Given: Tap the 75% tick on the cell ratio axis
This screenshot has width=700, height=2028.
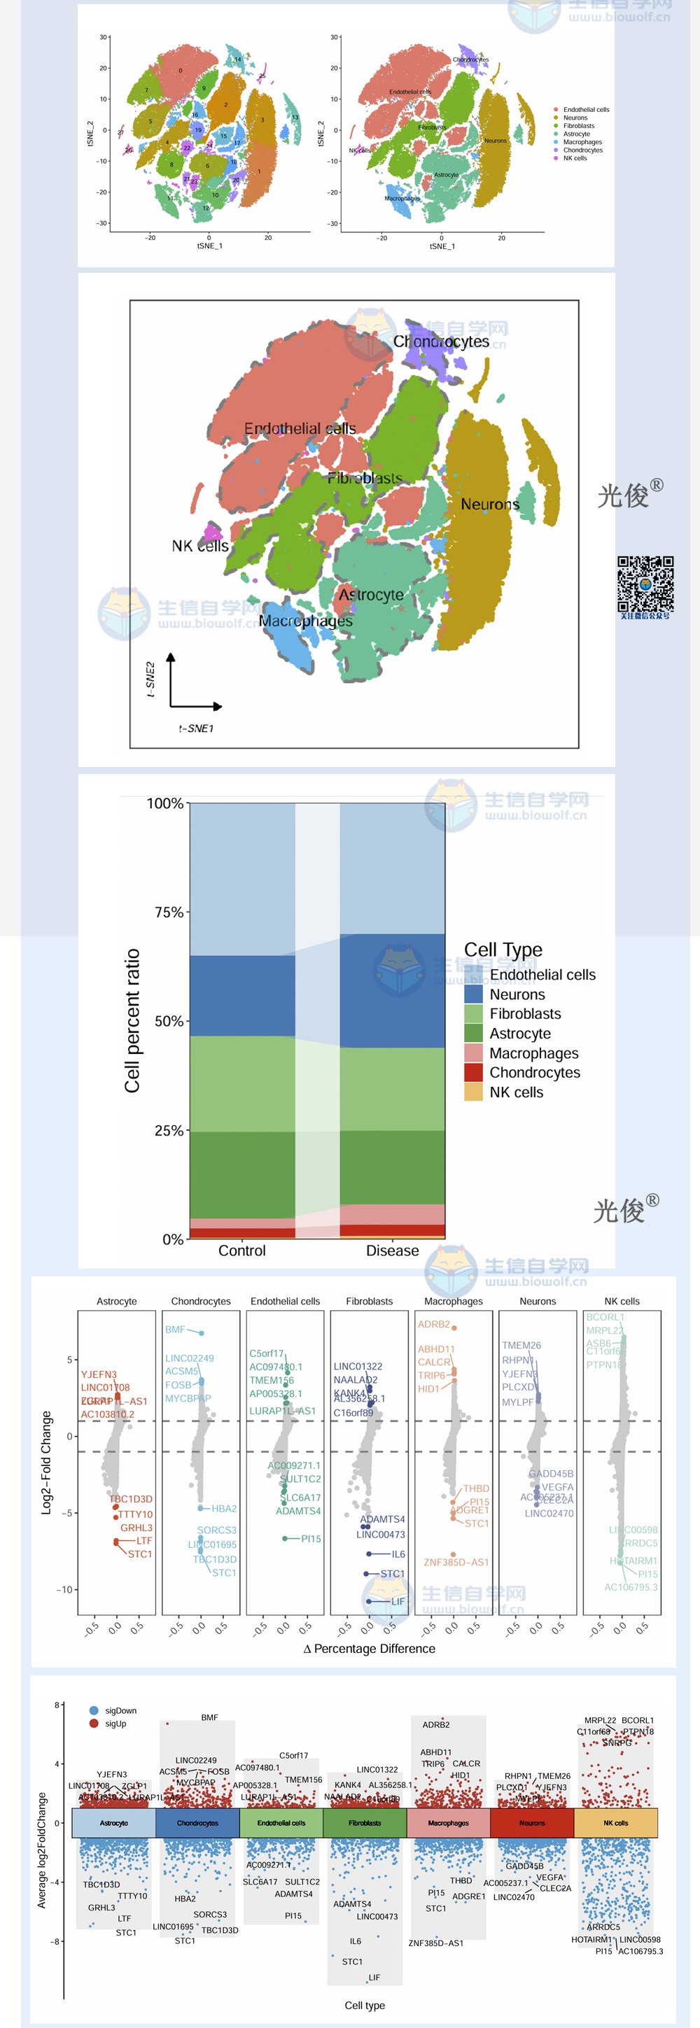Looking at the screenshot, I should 169,913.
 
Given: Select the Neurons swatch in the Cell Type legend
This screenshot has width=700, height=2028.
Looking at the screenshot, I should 473,994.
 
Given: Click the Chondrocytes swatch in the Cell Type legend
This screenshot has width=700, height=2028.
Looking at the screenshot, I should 473,1072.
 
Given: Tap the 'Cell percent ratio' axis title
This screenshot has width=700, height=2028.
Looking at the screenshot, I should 132,1020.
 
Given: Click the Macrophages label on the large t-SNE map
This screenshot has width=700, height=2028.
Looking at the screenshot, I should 305,621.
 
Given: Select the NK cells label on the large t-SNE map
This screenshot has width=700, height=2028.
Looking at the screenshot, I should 200,546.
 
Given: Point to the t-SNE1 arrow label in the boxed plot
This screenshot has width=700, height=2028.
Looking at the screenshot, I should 196,728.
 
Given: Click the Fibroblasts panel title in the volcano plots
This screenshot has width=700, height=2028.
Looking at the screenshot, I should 370,1302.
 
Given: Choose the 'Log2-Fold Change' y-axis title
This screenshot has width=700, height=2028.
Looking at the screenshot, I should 46,1462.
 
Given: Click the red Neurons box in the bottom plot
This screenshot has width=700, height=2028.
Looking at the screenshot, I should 532,1824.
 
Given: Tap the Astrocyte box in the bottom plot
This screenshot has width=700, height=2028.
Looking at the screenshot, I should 113,1824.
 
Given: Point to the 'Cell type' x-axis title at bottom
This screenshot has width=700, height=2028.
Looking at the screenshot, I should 365,2005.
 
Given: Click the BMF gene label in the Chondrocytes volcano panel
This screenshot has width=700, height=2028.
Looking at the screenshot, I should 175,1330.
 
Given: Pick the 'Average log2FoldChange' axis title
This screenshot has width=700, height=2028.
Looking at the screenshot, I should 42,1850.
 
